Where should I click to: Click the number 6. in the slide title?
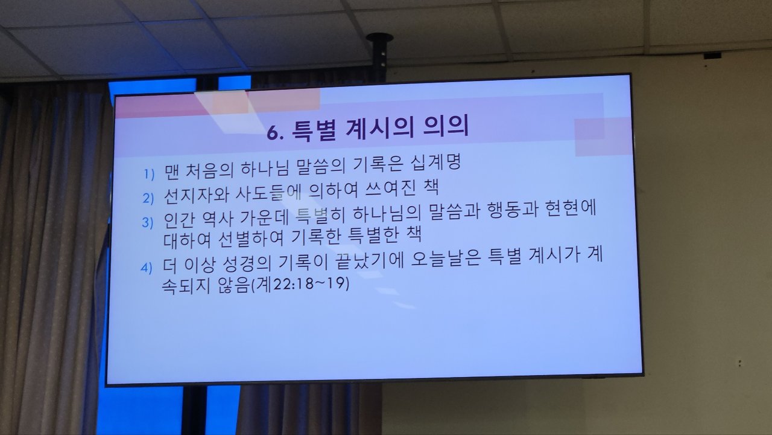[276, 133]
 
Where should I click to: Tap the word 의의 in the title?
[445, 126]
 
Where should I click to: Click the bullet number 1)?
[149, 175]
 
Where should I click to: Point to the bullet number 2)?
[148, 199]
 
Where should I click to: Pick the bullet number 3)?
[147, 223]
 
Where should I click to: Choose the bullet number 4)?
[146, 268]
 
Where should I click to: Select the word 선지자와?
[197, 195]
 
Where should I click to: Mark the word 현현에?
[571, 209]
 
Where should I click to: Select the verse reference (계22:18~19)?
[300, 284]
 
